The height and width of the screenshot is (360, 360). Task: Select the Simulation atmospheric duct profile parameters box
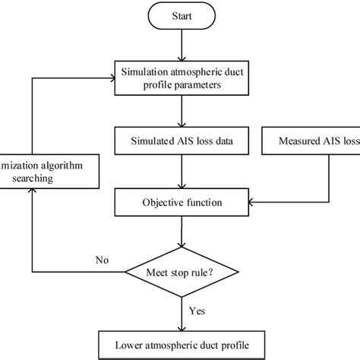179,78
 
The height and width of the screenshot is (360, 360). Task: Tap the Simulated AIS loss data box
179,141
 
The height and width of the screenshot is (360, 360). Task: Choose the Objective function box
179,203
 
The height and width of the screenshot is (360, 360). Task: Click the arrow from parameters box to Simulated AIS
179,111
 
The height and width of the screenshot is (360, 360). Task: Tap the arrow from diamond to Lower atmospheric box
179,311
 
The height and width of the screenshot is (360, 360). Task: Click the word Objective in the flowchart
163,203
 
